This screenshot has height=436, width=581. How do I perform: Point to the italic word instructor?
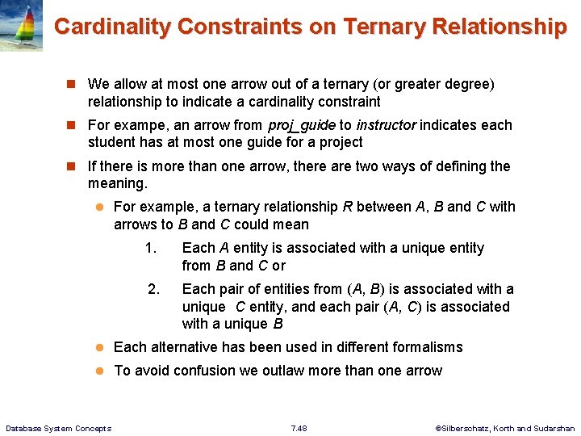click(x=386, y=125)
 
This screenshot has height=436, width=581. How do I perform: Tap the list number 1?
click(x=150, y=248)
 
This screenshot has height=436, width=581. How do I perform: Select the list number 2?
click(x=153, y=289)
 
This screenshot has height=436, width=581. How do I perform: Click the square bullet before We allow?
click(x=71, y=84)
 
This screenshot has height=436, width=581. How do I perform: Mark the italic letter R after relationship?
click(x=347, y=207)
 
